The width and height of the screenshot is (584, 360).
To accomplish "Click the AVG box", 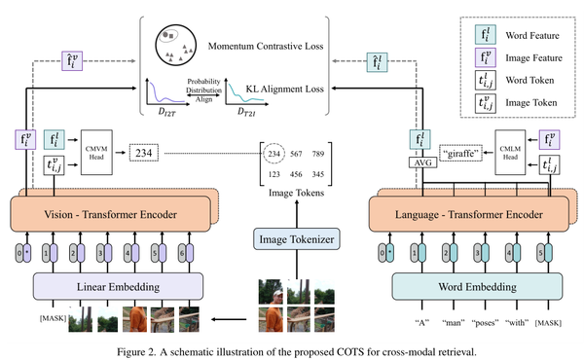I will point(420,162).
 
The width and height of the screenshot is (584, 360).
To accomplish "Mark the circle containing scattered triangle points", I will point(174,44).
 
